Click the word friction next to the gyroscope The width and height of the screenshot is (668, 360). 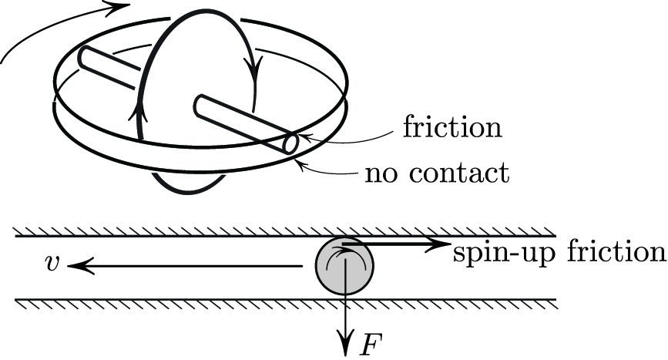pos(452,126)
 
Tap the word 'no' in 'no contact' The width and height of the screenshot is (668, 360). pos(381,173)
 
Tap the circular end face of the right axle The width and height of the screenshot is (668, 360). pos(291,144)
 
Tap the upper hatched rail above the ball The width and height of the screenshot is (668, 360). pos(285,232)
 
